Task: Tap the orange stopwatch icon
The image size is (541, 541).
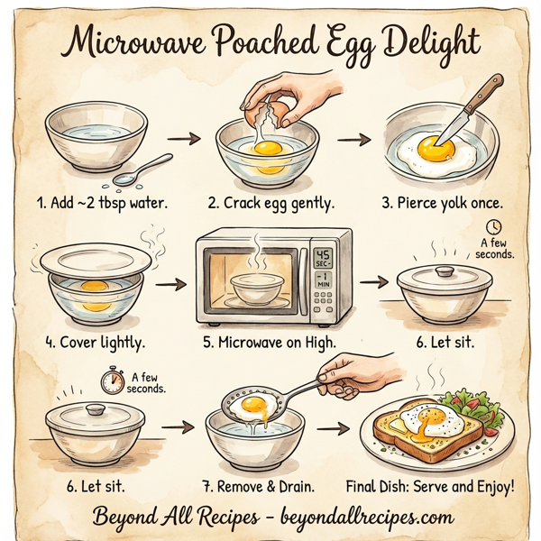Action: [113, 381]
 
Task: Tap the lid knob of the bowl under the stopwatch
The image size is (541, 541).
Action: [95, 409]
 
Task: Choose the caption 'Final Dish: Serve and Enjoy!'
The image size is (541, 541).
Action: [431, 487]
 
